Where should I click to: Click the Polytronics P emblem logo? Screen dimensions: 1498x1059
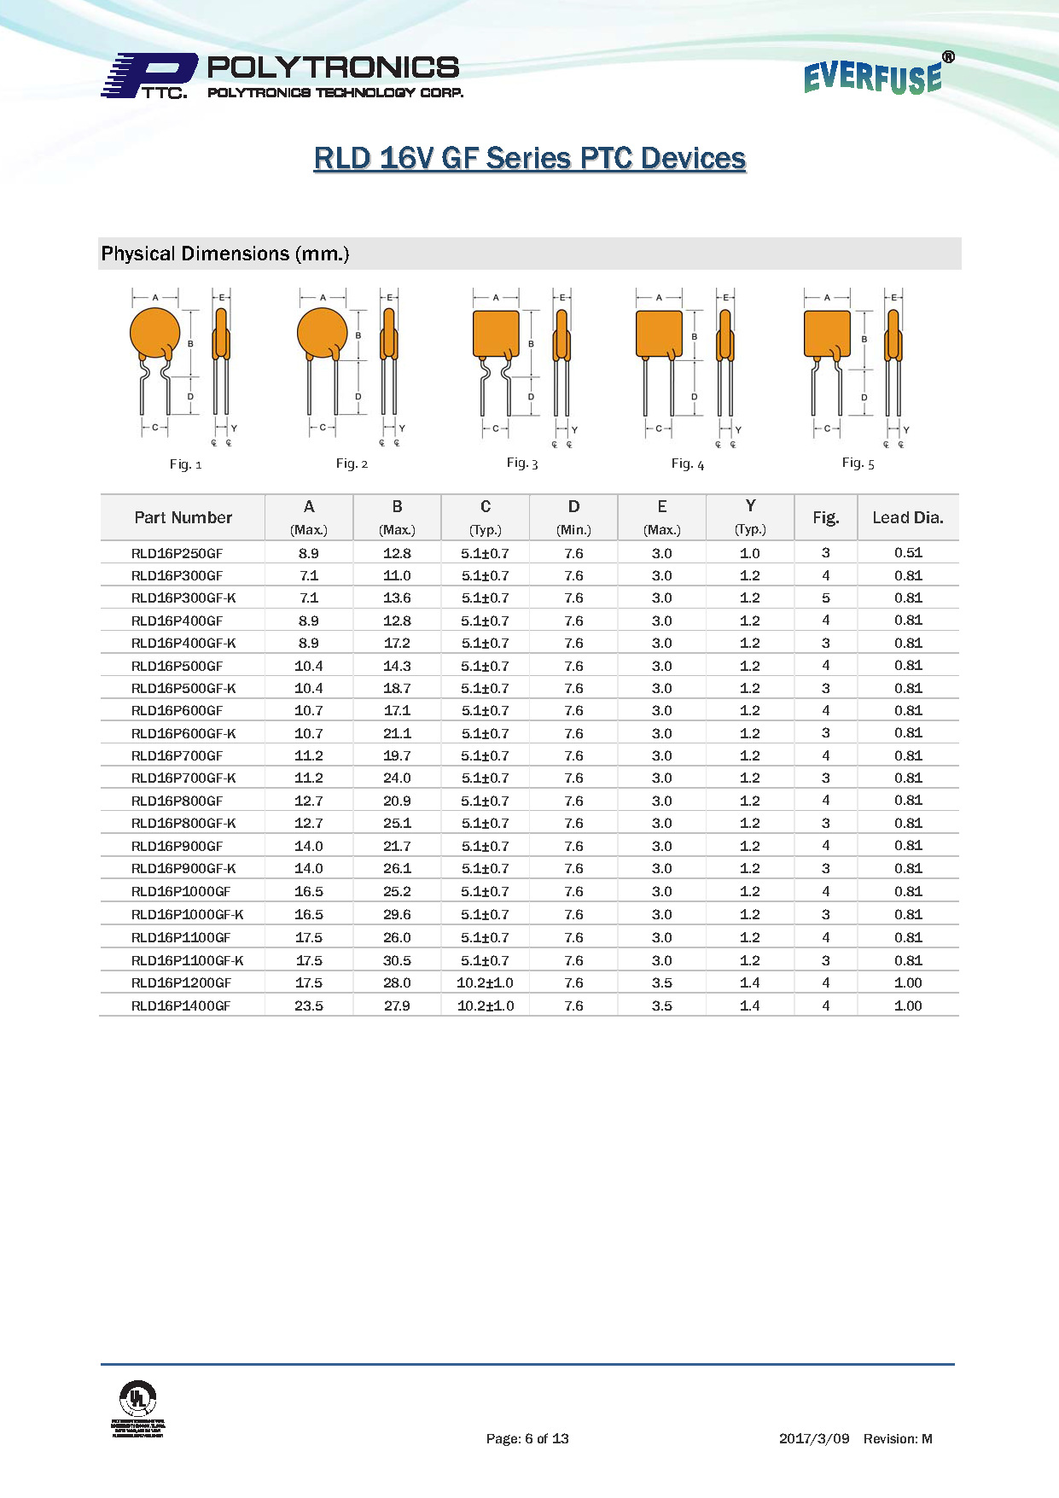pyautogui.click(x=149, y=75)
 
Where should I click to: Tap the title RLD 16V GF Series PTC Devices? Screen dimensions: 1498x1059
pyautogui.click(x=529, y=159)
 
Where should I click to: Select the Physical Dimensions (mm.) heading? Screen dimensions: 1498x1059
pyautogui.click(x=225, y=254)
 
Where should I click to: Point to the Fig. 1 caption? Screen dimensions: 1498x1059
pyautogui.click(x=185, y=464)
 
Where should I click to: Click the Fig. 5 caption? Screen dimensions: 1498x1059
pyautogui.click(x=858, y=463)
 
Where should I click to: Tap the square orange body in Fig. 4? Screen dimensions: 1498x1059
pyautogui.click(x=659, y=334)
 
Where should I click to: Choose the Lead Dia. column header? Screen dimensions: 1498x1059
pyautogui.click(x=907, y=517)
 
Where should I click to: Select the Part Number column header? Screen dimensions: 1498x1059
pyautogui.click(x=183, y=517)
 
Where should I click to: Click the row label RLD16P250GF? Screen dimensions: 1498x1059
pyautogui.click(x=177, y=553)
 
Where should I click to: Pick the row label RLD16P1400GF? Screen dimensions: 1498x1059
pyautogui.click(x=181, y=1005)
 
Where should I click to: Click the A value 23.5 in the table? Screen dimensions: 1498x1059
pyautogui.click(x=309, y=1005)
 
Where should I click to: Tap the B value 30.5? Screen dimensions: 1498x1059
pyautogui.click(x=397, y=960)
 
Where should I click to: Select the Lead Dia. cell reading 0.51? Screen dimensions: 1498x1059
pyautogui.click(x=908, y=553)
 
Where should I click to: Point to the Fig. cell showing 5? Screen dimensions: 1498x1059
pyautogui.click(x=825, y=598)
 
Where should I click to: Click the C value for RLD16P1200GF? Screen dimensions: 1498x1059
pyautogui.click(x=485, y=982)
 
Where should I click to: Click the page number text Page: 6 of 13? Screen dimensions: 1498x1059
pyautogui.click(x=527, y=1438)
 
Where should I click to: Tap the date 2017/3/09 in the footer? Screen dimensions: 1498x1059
pyautogui.click(x=814, y=1438)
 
